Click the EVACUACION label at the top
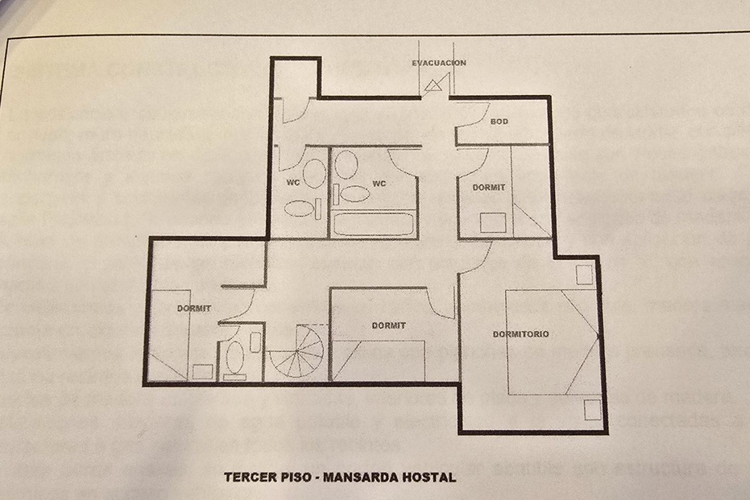[x=439, y=63]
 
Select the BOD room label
[x=499, y=121]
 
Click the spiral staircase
[x=297, y=351]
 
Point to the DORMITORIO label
[x=521, y=334]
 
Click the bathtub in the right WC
[x=373, y=224]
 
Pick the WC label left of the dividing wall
[x=293, y=182]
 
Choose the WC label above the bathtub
[x=379, y=184]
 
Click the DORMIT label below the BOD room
[x=489, y=187]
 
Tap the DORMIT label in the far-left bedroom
[x=194, y=308]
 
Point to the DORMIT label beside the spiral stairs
[x=389, y=325]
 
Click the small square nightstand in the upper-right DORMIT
[x=493, y=223]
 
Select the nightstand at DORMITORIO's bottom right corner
[x=592, y=410]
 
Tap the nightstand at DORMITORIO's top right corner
[x=584, y=275]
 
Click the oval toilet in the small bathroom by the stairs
[x=235, y=357]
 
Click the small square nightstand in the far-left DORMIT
[x=203, y=372]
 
